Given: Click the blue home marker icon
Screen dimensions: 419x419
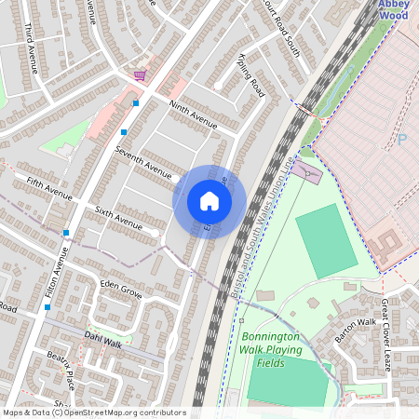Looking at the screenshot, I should point(209,201).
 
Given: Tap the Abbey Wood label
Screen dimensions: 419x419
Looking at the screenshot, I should point(393,9).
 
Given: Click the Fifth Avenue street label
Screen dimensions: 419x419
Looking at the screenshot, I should point(49,188).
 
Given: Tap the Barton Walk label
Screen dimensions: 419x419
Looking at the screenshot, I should point(355,329).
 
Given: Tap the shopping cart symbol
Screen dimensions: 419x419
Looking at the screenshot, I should point(140,75).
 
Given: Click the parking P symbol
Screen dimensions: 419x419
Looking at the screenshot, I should point(401,140).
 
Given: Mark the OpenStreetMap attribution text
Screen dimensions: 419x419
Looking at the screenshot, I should point(94,412).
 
